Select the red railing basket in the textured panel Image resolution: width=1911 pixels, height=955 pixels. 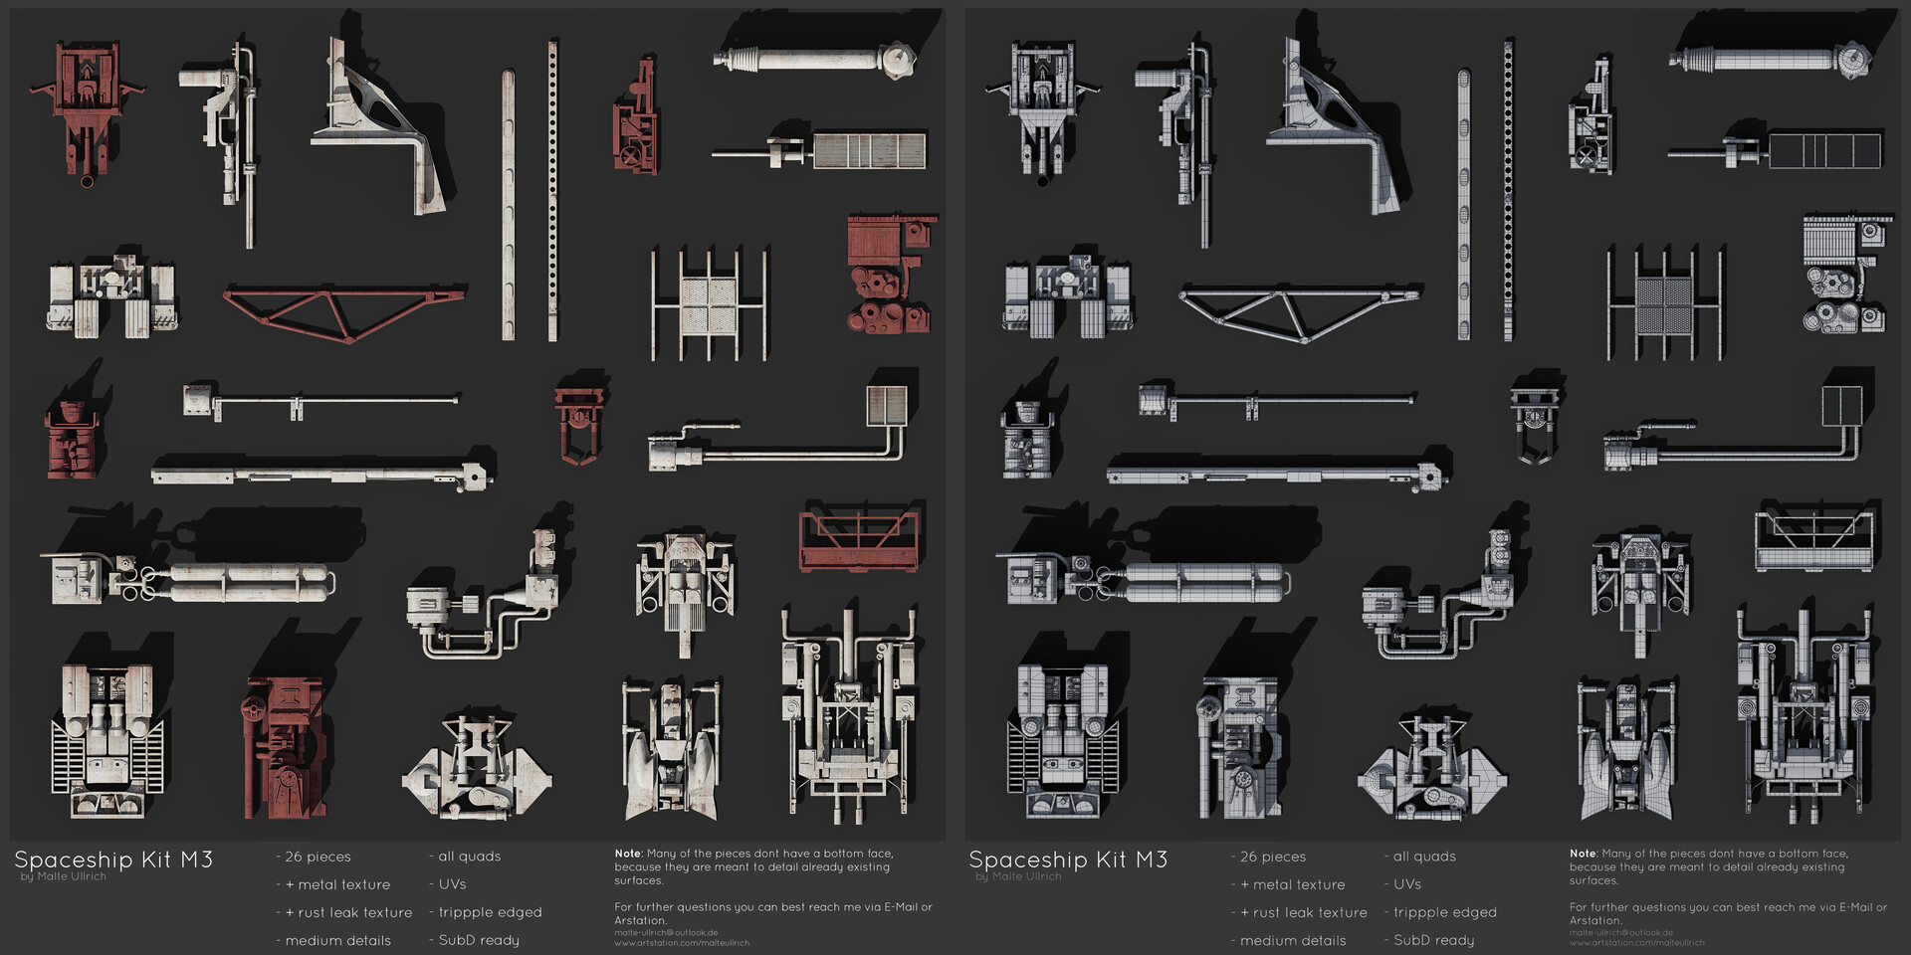tap(858, 541)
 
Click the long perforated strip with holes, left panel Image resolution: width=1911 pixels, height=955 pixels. tap(552, 189)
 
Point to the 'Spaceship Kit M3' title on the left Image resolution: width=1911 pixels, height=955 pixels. tap(113, 859)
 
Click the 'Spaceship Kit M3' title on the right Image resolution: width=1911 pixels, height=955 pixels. tap(1068, 859)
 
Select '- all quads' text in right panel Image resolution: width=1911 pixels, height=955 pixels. tap(1419, 857)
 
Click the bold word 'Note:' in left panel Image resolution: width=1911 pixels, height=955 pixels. tap(628, 854)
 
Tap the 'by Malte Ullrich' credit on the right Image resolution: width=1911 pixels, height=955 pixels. tap(1018, 876)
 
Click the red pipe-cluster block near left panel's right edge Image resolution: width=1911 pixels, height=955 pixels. tap(888, 274)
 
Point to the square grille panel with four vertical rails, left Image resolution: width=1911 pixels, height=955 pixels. tap(709, 304)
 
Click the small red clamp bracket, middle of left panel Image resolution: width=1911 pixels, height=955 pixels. tap(579, 423)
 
